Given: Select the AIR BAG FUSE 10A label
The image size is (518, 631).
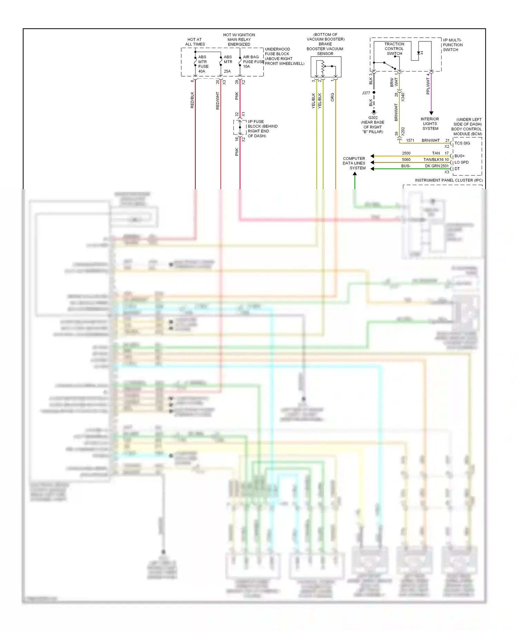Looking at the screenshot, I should (x=251, y=62).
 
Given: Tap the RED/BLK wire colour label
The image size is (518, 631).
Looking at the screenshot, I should (x=192, y=100).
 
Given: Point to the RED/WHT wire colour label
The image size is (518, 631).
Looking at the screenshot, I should (x=218, y=101).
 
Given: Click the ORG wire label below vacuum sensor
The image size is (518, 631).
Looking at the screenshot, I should (x=333, y=97).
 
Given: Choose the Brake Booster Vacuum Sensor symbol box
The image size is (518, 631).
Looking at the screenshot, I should (x=326, y=67).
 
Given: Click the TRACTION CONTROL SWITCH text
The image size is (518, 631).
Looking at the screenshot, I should (x=394, y=49).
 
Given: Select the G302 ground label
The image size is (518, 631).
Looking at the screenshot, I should (x=373, y=118).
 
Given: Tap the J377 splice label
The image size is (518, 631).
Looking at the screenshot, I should (x=366, y=93).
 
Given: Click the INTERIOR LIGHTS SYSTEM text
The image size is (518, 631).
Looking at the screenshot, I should (x=430, y=124).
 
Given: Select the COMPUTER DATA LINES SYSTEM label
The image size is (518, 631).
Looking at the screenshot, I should (x=354, y=163).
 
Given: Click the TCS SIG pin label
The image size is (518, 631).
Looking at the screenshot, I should (x=462, y=143).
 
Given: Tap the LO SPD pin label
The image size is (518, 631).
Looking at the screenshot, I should (x=461, y=162).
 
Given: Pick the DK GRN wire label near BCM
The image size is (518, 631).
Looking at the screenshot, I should (x=432, y=166).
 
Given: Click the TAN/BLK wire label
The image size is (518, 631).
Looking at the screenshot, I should (x=433, y=159).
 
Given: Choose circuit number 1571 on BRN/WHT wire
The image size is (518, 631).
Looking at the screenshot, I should (x=410, y=140).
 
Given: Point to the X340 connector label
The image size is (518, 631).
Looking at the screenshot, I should (x=403, y=97).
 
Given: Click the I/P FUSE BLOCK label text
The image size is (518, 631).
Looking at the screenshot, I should (x=262, y=128).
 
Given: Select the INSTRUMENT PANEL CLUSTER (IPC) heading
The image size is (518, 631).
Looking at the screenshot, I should (x=449, y=180).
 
